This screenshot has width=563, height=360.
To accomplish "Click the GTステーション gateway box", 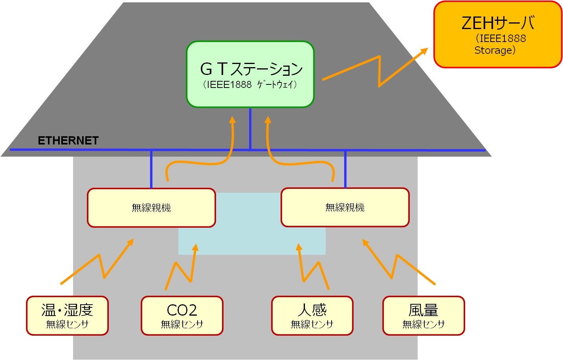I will tap(250, 74).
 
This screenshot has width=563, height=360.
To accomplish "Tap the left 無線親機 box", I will tap(151, 208).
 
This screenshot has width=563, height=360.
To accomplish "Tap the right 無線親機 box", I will tap(345, 207).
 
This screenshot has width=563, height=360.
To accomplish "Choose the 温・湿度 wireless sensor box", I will tap(67, 316).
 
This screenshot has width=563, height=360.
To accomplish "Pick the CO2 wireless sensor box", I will tap(182, 316).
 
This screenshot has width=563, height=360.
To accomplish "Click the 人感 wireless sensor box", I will tap(312, 316).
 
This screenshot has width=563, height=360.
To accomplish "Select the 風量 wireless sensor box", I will tap(424, 316).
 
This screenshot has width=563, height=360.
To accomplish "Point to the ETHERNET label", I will tap(68, 141).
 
